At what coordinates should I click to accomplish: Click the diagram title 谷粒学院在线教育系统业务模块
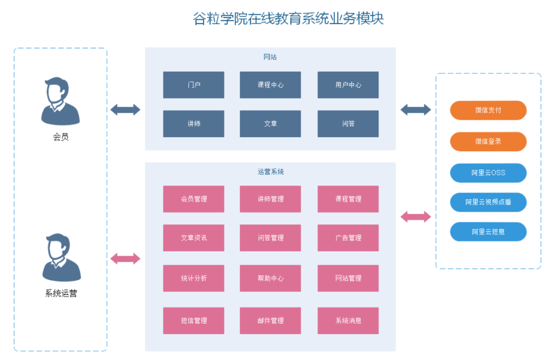(x=288, y=19)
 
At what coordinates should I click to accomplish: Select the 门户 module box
(x=193, y=85)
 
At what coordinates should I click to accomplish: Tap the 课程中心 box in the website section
(x=270, y=85)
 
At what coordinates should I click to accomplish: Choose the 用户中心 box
(x=348, y=85)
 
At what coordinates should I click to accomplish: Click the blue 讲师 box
(x=193, y=124)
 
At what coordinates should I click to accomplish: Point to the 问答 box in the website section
(x=348, y=124)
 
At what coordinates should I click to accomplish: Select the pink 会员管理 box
(x=193, y=199)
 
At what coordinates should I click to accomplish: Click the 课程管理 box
(x=348, y=199)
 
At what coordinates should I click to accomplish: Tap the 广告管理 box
(x=348, y=238)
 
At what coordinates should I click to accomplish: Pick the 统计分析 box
(x=193, y=278)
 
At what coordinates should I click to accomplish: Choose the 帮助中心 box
(x=270, y=278)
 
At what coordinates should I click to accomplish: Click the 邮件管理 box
(x=270, y=321)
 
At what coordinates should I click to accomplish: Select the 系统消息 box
(x=348, y=321)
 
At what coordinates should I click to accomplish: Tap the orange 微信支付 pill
(x=488, y=110)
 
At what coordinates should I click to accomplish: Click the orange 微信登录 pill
(x=488, y=142)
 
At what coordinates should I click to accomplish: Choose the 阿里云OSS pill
(x=488, y=173)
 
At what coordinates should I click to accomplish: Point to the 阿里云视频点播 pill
(x=488, y=202)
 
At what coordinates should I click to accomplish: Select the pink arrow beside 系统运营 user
(x=125, y=259)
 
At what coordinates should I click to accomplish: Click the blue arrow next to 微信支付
(x=416, y=109)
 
